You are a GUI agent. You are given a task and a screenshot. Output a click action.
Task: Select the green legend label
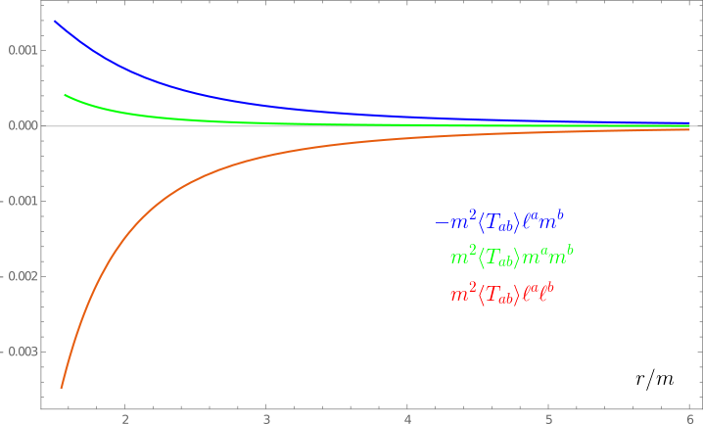[x=511, y=258]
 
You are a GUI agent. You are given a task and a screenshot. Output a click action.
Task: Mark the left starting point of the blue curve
[x=55, y=21]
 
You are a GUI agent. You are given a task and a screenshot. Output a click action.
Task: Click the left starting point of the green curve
[x=65, y=95]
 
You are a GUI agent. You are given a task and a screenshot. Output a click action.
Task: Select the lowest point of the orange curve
[x=62, y=388]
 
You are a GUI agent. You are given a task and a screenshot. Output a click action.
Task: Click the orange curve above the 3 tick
[x=266, y=155]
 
